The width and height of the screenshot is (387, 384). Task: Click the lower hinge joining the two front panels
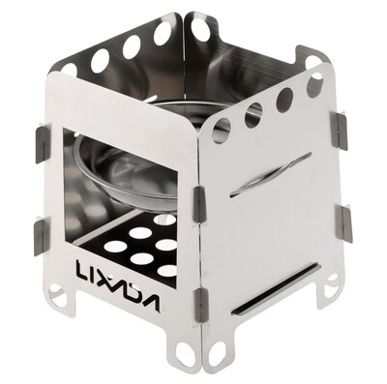pos(197,309)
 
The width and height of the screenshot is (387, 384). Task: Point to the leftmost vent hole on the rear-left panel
pos(70,71)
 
